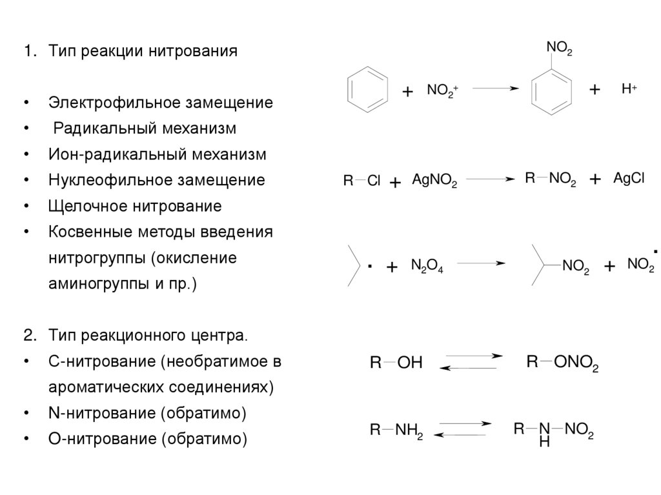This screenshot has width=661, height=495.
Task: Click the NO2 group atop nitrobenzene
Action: click(559, 48)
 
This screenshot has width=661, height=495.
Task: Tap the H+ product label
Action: click(629, 90)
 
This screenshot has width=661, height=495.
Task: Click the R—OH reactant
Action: click(395, 363)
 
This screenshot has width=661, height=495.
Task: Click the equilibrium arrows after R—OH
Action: click(471, 361)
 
